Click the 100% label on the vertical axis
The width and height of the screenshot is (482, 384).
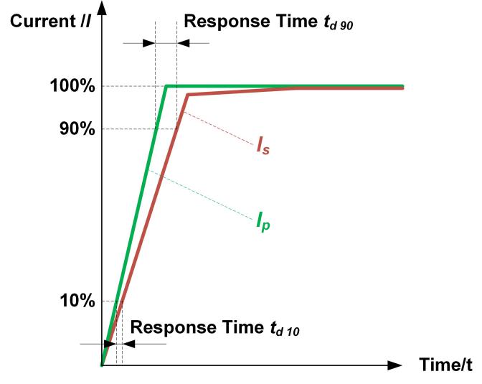tap(72, 87)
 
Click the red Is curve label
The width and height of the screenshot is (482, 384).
tap(263, 146)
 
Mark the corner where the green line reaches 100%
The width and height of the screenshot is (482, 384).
tap(166, 86)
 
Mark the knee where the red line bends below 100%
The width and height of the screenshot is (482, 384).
tap(187, 95)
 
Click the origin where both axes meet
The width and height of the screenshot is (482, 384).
tap(103, 365)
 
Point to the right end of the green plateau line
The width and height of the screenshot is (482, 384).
tap(403, 86)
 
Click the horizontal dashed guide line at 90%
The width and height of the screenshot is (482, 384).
tap(136, 129)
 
